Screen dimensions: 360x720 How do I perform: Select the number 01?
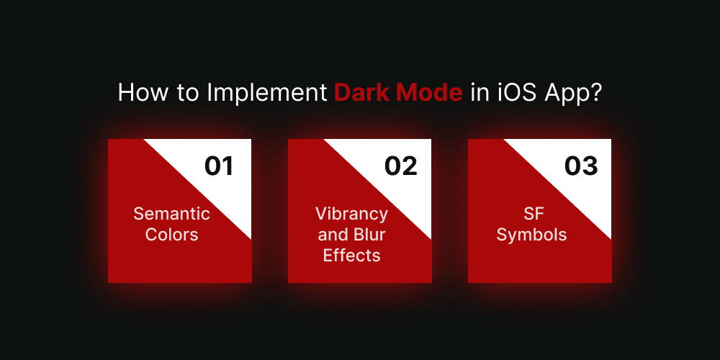(220, 166)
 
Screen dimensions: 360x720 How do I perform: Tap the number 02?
(400, 166)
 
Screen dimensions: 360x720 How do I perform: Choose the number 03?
(581, 166)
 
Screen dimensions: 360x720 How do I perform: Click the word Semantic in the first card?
(171, 214)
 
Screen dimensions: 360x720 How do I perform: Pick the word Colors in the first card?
(171, 235)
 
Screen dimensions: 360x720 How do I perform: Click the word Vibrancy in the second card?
(351, 214)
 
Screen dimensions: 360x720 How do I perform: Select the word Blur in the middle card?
(369, 235)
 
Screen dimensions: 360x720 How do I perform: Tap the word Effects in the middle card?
(351, 256)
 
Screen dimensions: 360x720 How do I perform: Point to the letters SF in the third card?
(531, 214)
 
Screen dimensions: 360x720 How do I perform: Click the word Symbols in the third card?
(531, 235)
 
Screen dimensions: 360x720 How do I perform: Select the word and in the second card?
(333, 235)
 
